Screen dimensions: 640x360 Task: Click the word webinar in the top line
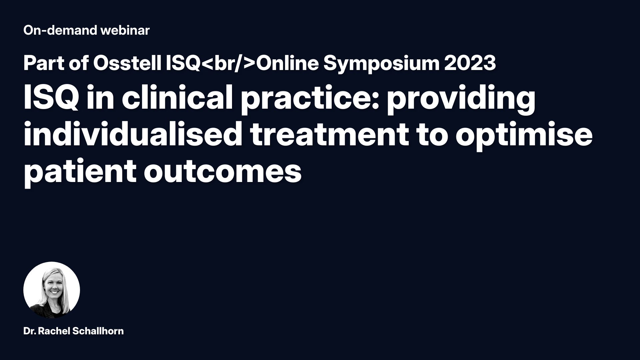click(x=125, y=30)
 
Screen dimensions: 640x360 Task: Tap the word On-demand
click(x=60, y=30)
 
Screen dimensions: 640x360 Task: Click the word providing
click(x=461, y=100)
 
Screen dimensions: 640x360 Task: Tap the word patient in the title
click(x=79, y=172)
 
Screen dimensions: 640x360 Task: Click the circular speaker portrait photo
click(x=52, y=290)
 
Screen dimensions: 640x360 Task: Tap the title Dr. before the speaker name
click(x=30, y=331)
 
